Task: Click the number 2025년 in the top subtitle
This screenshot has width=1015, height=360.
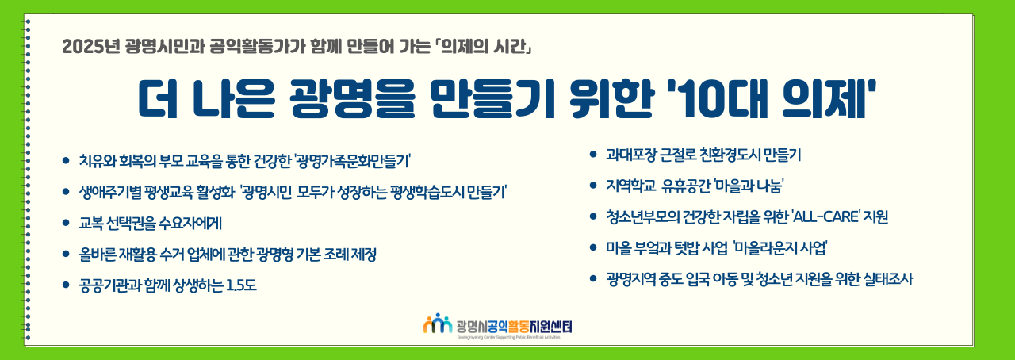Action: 91,47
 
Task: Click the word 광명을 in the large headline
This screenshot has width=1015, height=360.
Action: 352,99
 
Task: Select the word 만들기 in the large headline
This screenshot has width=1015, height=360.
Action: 493,99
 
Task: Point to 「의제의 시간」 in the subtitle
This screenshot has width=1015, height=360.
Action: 482,47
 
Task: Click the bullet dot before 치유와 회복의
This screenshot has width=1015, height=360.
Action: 66,160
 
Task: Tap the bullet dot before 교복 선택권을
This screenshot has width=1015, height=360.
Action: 66,223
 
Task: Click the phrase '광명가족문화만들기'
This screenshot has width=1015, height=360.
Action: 352,161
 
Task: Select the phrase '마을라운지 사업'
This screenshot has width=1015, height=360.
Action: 779,248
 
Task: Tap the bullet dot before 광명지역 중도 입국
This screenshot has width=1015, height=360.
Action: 592,279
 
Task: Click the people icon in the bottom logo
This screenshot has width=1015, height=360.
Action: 438,324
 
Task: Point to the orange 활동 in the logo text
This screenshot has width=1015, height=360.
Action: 518,326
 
